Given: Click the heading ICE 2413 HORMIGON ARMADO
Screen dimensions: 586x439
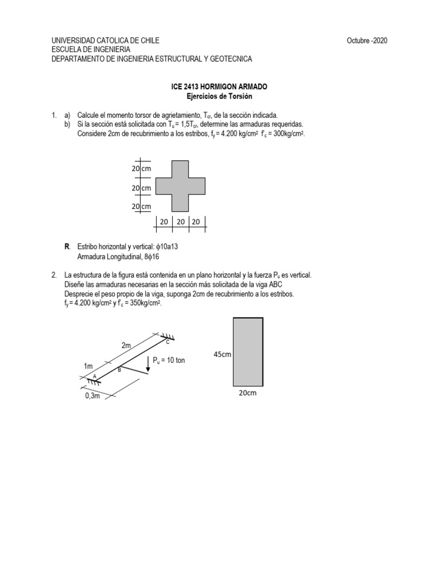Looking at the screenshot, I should click(x=219, y=86).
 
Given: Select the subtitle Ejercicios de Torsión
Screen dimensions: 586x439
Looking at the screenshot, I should click(x=219, y=96).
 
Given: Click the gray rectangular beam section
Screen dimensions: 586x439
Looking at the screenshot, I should click(x=248, y=352).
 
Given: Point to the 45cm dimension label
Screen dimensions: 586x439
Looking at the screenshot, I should click(x=222, y=354).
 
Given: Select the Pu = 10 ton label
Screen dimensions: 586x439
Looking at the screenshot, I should click(x=169, y=360).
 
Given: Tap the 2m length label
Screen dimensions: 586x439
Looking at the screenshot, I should click(x=126, y=345).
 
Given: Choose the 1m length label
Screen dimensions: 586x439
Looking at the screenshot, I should click(x=87, y=365).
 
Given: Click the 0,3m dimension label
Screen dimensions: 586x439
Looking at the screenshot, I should click(x=92, y=396).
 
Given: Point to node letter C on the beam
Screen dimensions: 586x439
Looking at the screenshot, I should click(x=167, y=342).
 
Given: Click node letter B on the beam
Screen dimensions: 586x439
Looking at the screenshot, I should click(x=119, y=371).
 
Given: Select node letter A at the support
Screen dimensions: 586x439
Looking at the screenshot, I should click(x=94, y=375).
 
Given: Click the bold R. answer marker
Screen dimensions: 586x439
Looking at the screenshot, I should click(x=67, y=246).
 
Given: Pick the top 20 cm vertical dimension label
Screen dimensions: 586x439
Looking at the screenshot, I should click(x=141, y=169).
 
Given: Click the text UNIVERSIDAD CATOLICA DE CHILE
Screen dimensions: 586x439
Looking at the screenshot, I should click(x=105, y=40).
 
